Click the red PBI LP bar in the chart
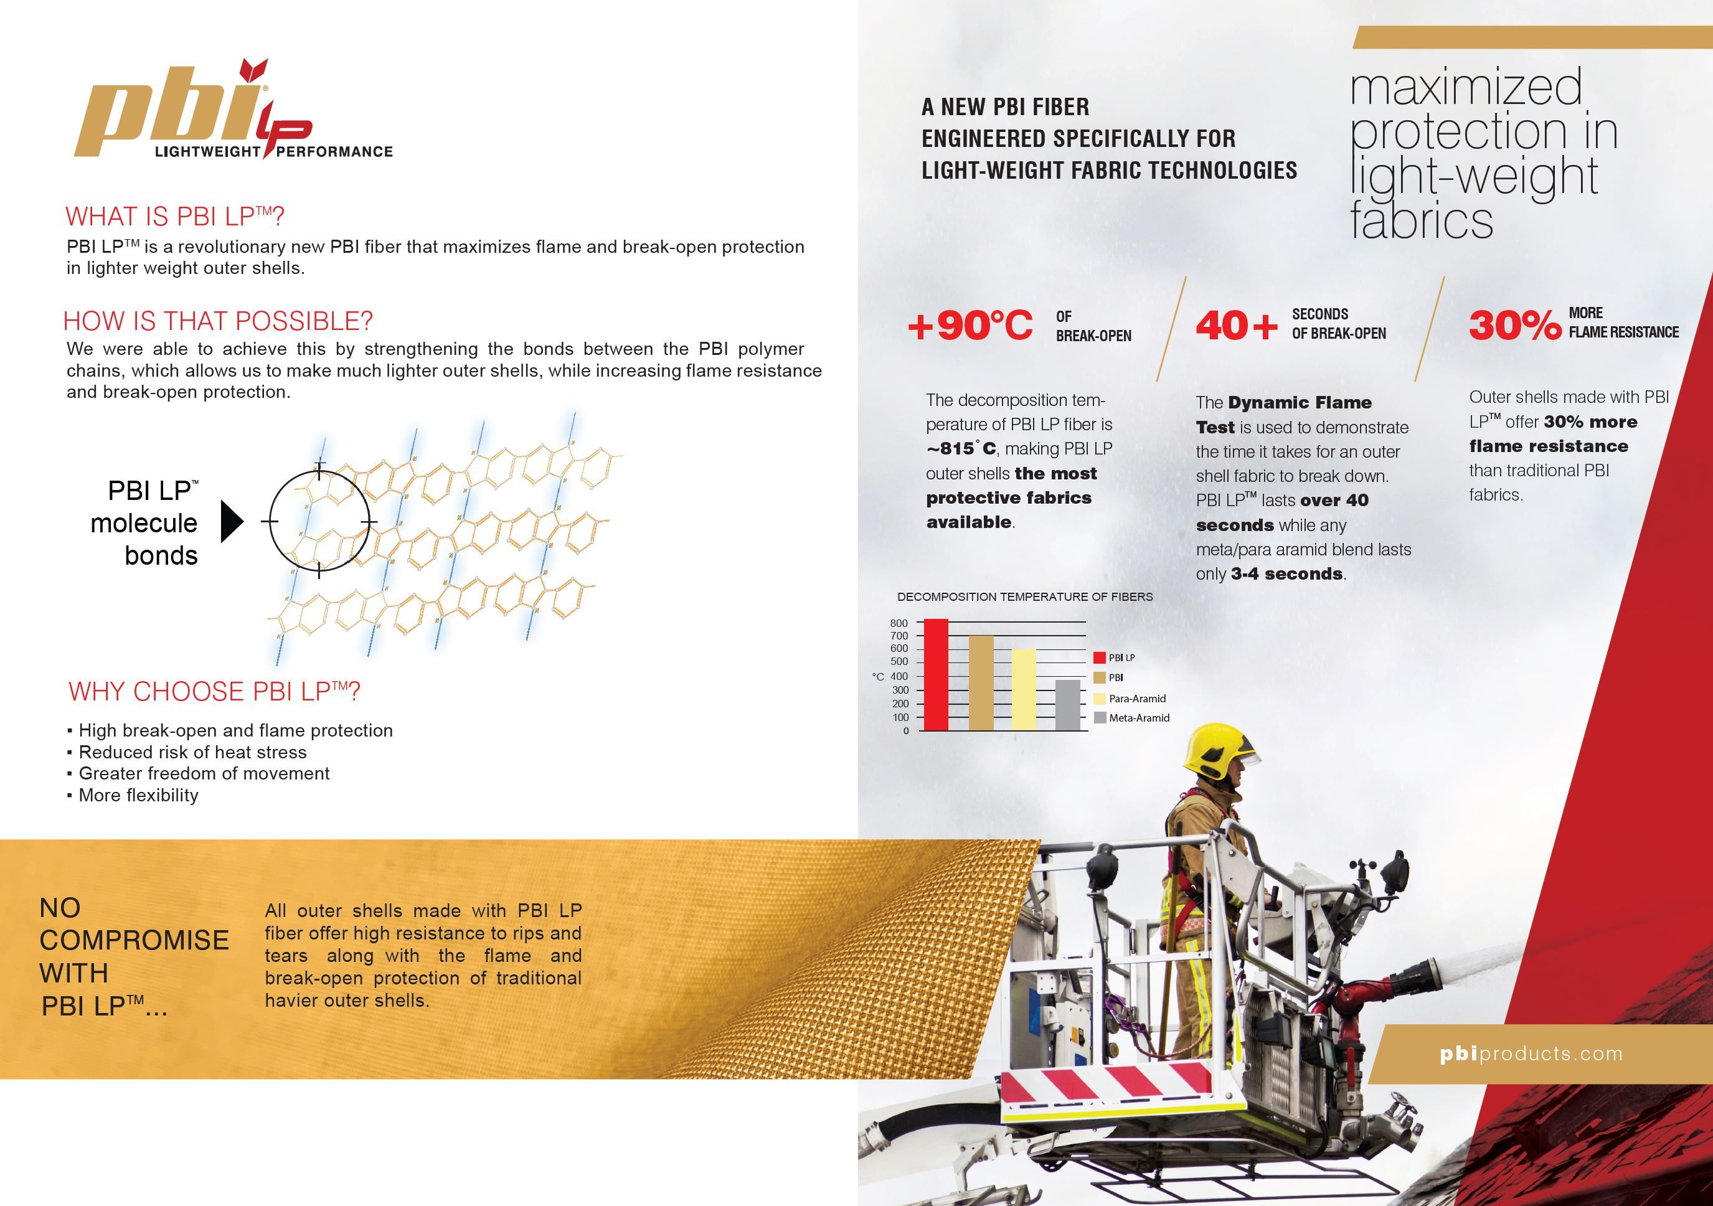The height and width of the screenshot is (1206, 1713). pyautogui.click(x=937, y=675)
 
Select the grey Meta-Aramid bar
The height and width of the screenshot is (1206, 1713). pyautogui.click(x=1068, y=705)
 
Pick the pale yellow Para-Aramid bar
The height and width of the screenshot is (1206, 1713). pyautogui.click(x=1024, y=689)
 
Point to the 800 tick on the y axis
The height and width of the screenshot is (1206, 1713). pyautogui.click(x=899, y=623)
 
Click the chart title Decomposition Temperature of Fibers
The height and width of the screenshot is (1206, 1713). pyautogui.click(x=1024, y=596)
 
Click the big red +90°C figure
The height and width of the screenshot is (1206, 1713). pyautogui.click(x=970, y=326)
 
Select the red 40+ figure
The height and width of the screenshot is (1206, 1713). pyautogui.click(x=1236, y=326)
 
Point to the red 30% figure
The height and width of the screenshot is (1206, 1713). pyautogui.click(x=1514, y=326)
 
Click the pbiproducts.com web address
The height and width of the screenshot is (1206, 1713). pyautogui.click(x=1532, y=1054)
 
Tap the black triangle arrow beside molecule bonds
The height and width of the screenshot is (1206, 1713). pyautogui.click(x=231, y=521)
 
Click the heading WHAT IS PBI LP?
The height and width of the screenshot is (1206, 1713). pyautogui.click(x=174, y=216)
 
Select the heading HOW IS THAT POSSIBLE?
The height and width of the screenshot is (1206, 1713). pyautogui.click(x=218, y=321)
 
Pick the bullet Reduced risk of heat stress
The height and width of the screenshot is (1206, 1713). pyautogui.click(x=192, y=751)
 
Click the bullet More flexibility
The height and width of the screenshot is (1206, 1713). pyautogui.click(x=138, y=795)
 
